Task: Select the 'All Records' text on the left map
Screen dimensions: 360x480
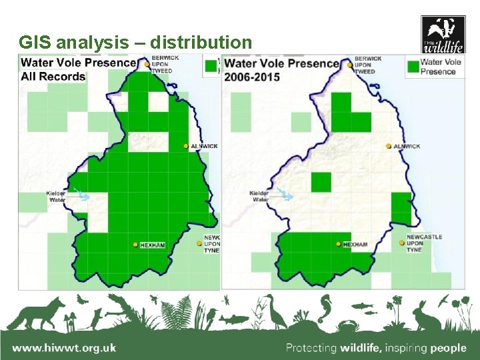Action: pos(53,76)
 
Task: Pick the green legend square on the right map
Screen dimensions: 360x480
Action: pos(414,66)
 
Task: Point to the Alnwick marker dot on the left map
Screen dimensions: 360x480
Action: pos(186,146)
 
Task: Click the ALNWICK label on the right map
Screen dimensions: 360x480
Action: pos(407,146)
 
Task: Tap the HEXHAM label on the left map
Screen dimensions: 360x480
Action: pos(153,245)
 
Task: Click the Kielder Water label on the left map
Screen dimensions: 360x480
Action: pos(55,196)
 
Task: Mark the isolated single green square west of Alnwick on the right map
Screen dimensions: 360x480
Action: pos(321,182)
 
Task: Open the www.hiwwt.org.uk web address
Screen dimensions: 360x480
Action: pos(64,347)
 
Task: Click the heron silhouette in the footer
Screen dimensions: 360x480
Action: pos(273,309)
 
